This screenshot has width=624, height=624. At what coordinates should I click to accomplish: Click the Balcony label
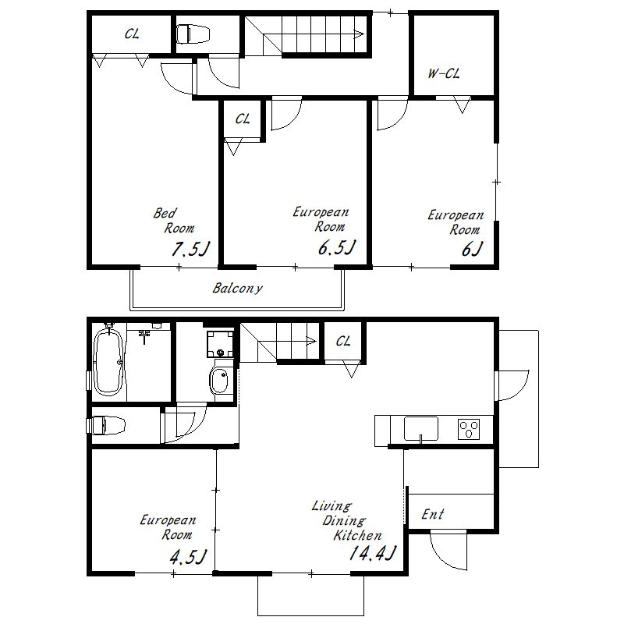click(x=238, y=288)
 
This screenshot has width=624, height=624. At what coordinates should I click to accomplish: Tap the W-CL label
click(x=444, y=73)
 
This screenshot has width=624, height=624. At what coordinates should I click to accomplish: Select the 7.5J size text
click(x=190, y=250)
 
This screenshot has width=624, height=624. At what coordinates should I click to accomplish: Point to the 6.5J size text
click(x=336, y=247)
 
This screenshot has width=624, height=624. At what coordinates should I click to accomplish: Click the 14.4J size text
click(x=373, y=553)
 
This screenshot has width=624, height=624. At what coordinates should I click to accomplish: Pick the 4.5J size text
click(x=188, y=557)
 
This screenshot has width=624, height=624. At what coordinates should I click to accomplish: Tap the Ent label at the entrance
click(x=433, y=514)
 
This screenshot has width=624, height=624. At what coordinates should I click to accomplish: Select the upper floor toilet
click(x=193, y=34)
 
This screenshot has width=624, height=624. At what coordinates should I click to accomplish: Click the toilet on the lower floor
click(x=107, y=425)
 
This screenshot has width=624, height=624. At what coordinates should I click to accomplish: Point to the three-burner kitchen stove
click(x=469, y=429)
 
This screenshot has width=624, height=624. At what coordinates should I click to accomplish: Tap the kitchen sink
click(x=421, y=428)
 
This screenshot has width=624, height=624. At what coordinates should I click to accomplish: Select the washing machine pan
click(x=220, y=343)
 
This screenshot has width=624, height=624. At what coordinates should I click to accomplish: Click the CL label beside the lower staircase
click(x=343, y=341)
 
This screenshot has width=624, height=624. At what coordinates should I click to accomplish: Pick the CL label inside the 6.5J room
click(x=243, y=119)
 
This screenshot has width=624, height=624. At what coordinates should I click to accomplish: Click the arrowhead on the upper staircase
click(x=359, y=34)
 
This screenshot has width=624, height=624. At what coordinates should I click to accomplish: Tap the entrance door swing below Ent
click(x=448, y=551)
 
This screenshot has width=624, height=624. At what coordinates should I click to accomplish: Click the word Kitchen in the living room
click(x=357, y=535)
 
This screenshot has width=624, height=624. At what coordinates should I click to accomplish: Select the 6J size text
click(x=472, y=249)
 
